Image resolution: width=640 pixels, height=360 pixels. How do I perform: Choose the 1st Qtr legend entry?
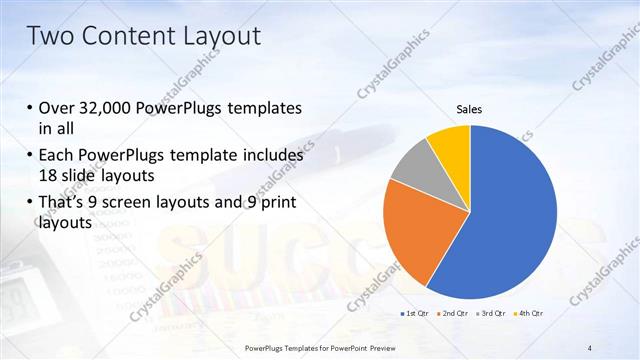[416, 314]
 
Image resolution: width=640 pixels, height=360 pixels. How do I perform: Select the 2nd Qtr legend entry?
[453, 314]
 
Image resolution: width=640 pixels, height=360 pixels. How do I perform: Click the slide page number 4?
[590, 347]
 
